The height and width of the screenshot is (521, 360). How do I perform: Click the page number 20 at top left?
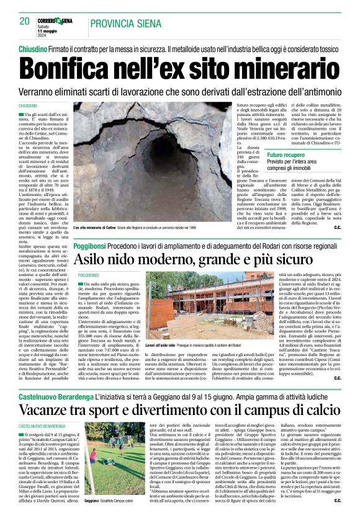[x=24, y=22]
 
